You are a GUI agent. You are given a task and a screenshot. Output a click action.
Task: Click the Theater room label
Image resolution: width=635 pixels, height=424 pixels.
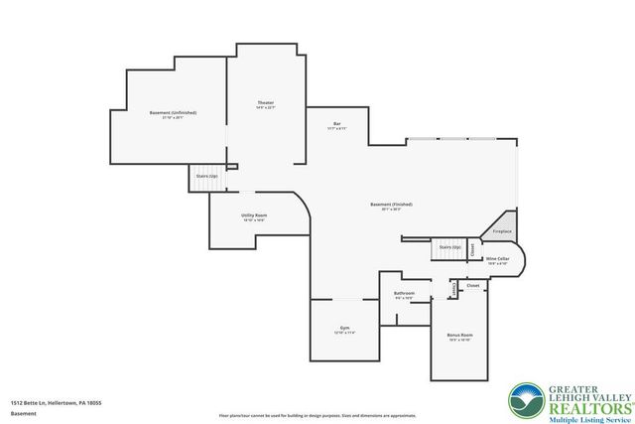(x=265, y=103)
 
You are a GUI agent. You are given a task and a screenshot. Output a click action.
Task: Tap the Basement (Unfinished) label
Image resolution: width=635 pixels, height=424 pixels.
(x=173, y=113)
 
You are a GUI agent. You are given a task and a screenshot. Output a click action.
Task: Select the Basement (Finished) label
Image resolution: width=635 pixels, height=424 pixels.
(x=391, y=205)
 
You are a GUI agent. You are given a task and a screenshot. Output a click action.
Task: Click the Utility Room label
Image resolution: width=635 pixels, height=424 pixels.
(x=253, y=215)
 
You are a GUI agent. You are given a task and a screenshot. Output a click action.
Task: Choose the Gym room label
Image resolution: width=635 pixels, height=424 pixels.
(x=344, y=327)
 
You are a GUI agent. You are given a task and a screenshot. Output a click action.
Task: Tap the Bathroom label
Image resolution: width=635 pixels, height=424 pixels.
(x=404, y=293)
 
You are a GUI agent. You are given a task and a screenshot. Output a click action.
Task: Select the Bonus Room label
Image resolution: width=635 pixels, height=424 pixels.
(x=459, y=336)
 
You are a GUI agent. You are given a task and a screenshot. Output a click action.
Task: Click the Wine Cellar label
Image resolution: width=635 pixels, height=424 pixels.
(x=497, y=259)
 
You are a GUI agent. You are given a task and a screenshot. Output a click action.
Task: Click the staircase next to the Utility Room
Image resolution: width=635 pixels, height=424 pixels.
(x=206, y=176)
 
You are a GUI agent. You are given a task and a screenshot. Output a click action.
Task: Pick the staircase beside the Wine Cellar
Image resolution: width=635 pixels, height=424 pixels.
(x=449, y=248)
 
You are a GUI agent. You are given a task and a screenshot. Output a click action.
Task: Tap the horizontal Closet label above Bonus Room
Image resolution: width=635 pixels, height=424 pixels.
(x=472, y=285)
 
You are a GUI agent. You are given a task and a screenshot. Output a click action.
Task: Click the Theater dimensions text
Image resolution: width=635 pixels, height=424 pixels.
(x=265, y=108)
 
